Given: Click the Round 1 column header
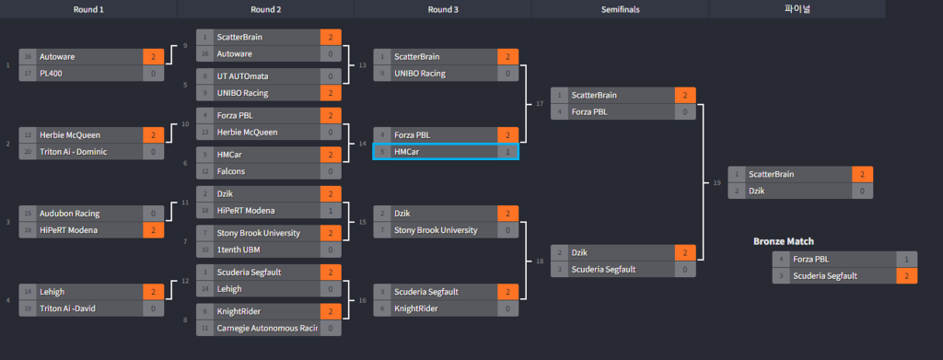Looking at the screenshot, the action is click(x=88, y=9).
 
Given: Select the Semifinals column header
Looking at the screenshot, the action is click(x=620, y=9).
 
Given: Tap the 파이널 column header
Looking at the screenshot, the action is click(x=797, y=9).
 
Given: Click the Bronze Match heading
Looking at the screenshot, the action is click(x=784, y=241).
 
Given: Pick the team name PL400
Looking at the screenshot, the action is click(x=52, y=74).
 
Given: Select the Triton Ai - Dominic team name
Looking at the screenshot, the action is click(x=74, y=151).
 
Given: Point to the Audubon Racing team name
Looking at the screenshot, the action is click(x=70, y=214).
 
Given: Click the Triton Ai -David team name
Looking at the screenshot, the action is click(x=67, y=309).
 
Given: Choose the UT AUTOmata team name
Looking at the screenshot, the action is click(x=243, y=76).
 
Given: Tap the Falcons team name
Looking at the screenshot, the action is click(x=231, y=171).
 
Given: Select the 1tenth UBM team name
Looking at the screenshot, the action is click(x=239, y=250).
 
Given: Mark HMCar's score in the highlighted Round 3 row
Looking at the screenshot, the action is click(x=508, y=152).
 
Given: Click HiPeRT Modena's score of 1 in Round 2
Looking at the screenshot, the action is click(x=331, y=211).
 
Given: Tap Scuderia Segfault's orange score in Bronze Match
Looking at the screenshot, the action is click(x=907, y=276).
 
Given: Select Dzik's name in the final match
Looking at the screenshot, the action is click(x=758, y=192).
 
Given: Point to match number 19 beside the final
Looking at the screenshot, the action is click(x=716, y=182).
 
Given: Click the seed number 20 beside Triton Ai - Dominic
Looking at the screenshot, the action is click(x=28, y=151).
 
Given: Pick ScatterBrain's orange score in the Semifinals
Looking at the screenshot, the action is click(x=685, y=95).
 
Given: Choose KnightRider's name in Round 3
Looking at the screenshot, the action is click(x=417, y=308).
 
